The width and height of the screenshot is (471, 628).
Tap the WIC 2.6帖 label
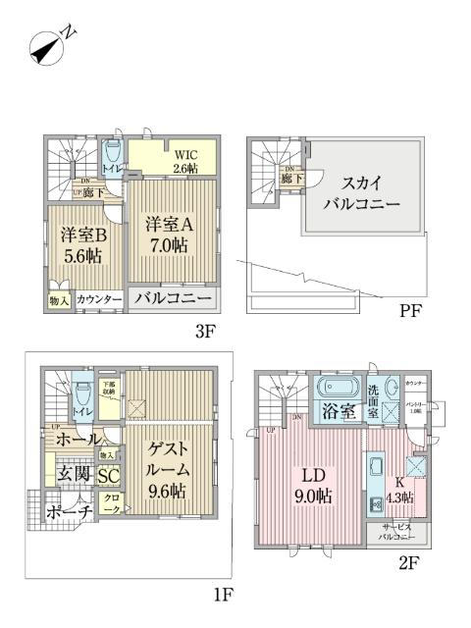(187, 161)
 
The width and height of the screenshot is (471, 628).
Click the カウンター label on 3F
(99, 298)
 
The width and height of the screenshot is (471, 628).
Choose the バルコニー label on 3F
(173, 297)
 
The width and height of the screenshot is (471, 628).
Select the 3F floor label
(204, 331)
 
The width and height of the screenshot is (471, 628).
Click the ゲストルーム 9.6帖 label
(169, 469)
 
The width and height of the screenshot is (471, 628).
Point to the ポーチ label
(69, 511)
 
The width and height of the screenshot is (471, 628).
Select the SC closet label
(108, 476)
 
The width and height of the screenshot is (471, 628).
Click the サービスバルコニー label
(401, 533)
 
